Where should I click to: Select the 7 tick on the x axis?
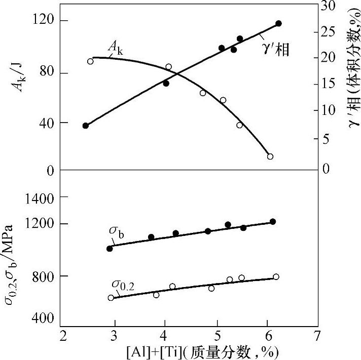(317, 336)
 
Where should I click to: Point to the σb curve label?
(116, 231)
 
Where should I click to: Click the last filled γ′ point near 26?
(278, 24)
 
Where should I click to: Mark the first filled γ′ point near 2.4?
(86, 126)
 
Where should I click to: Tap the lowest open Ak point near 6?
(270, 156)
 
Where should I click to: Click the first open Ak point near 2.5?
(91, 61)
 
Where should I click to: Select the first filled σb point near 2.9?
(110, 249)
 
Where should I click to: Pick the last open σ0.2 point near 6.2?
(276, 277)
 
